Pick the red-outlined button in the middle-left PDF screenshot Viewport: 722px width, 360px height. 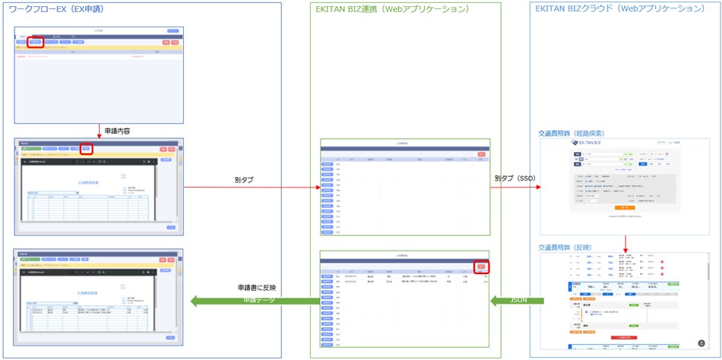pyautogui.click(x=87, y=149)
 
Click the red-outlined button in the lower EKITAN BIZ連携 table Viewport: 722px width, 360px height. pyautogui.click(x=480, y=267)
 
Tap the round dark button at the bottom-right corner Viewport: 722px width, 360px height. pyautogui.click(x=701, y=343)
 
